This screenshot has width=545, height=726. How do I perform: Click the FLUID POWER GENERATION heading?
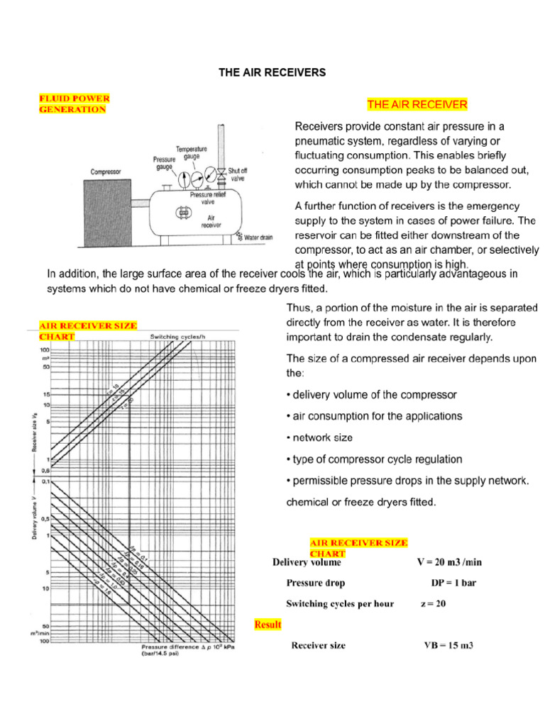tap(73, 104)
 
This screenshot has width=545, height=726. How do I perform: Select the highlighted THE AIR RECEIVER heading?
tap(417, 105)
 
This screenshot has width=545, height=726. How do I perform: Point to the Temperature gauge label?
tap(192, 152)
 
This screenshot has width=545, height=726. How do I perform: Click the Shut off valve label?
tap(238, 175)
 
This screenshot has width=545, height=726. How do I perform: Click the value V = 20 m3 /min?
tap(448, 562)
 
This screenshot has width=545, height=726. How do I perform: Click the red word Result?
tap(268, 625)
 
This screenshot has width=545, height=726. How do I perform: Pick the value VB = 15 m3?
tap(448, 646)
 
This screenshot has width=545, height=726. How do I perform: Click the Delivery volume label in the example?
tap(307, 562)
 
